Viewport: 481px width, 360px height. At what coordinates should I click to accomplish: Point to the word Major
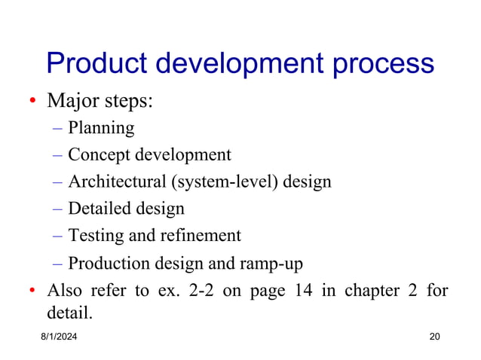point(71,101)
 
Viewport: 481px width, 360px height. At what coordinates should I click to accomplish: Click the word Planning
point(101,129)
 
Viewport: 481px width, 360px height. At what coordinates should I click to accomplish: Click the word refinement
point(200,236)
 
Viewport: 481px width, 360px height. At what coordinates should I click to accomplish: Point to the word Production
point(102,264)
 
